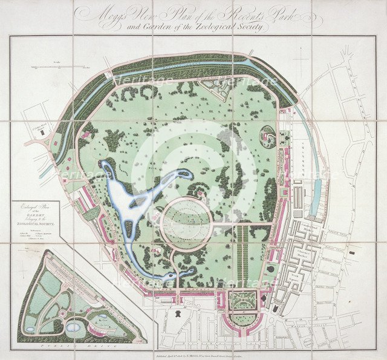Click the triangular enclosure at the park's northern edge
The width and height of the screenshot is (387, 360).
click(x=216, y=88)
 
